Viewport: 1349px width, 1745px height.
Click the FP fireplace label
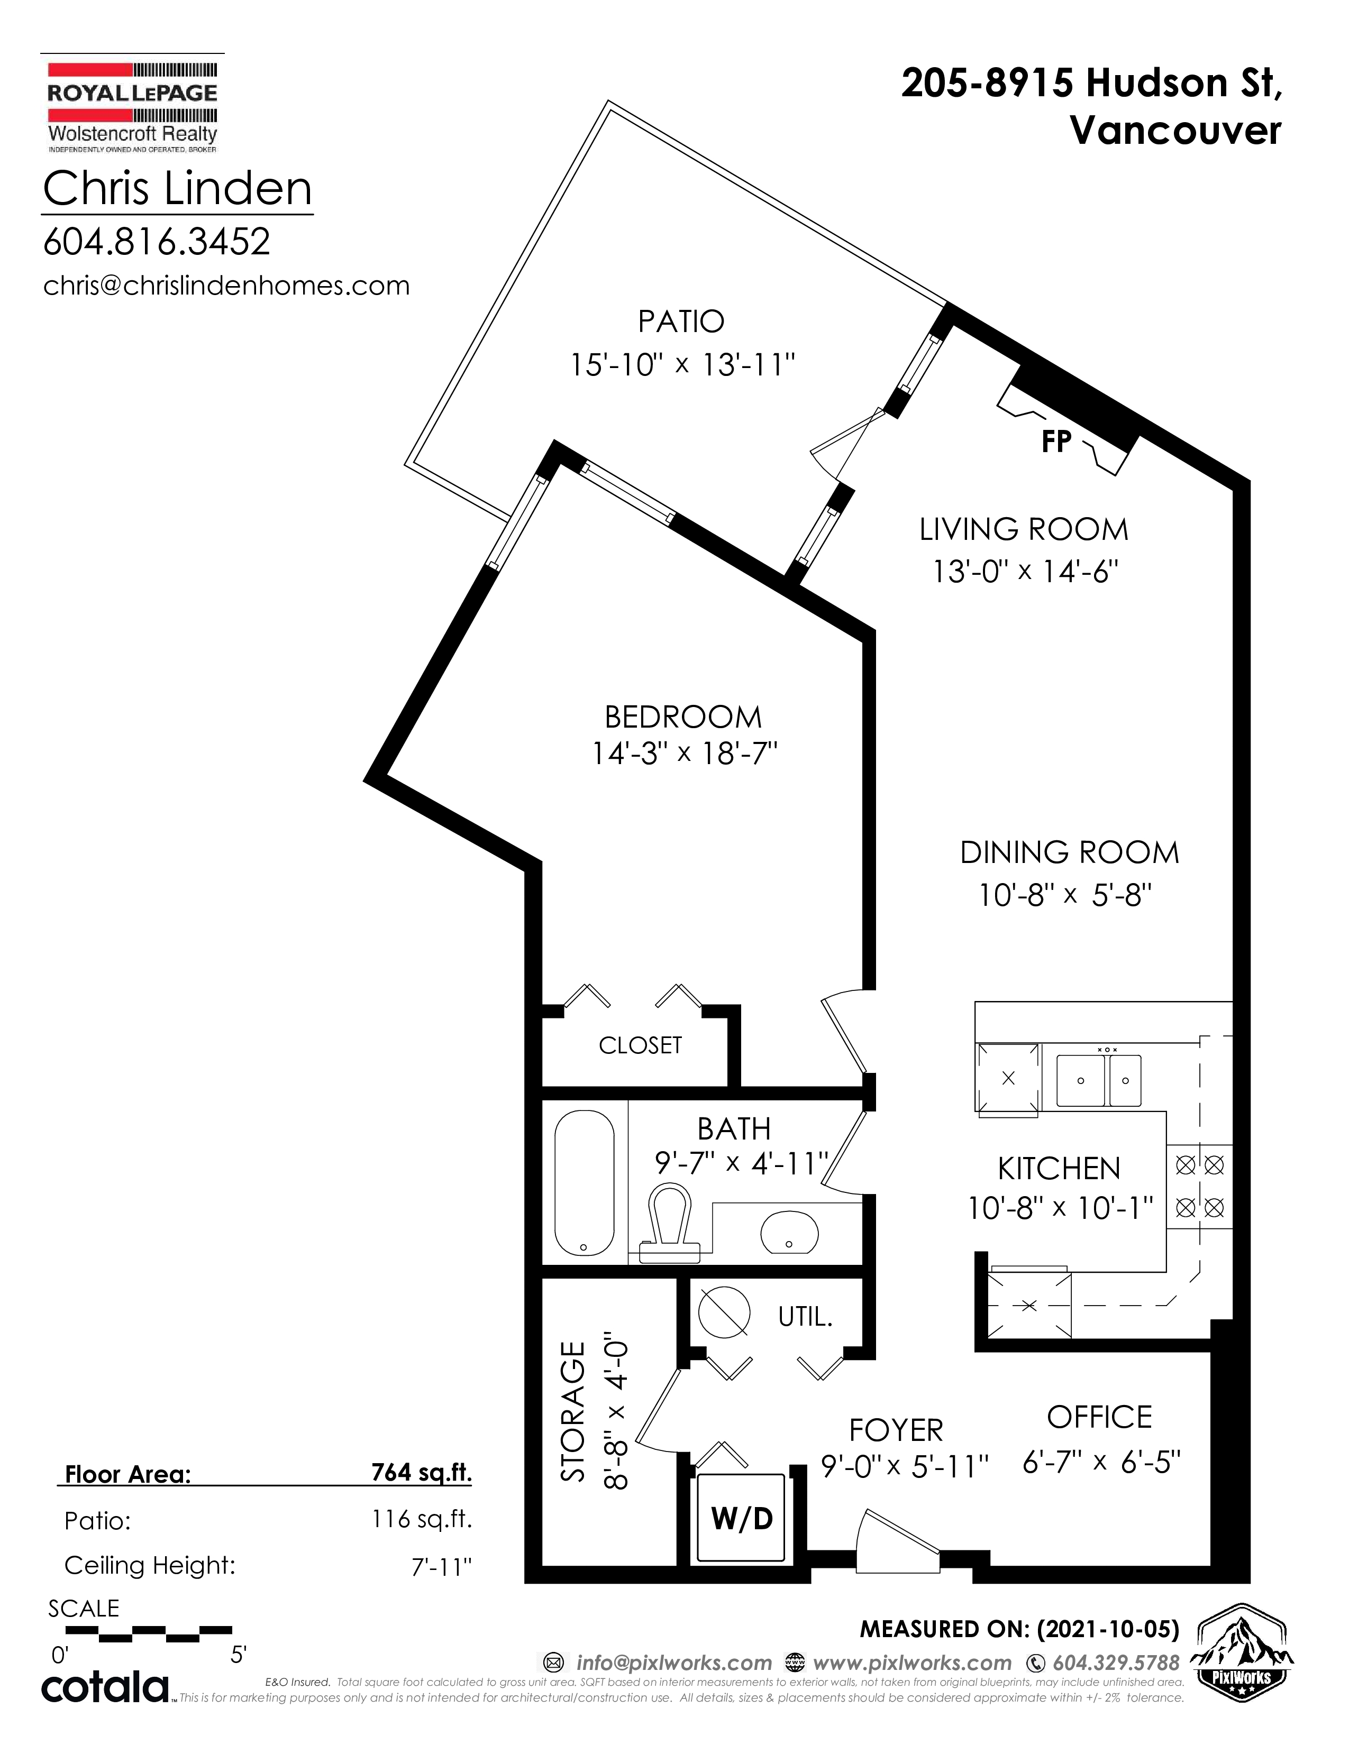coord(1056,441)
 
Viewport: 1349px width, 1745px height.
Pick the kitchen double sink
coord(1099,1080)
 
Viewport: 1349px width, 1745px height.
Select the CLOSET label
coord(640,1045)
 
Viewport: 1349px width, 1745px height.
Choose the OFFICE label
coord(1100,1417)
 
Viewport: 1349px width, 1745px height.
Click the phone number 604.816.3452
coord(157,241)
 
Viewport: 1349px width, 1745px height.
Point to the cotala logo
coord(105,1687)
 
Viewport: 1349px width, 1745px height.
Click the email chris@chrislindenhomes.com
coord(226,285)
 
